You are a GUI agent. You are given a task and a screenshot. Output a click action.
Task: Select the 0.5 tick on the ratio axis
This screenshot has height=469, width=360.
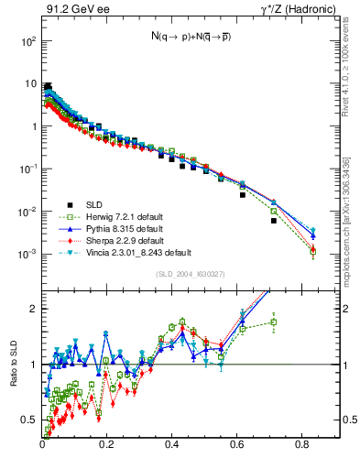(x=30, y=420)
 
